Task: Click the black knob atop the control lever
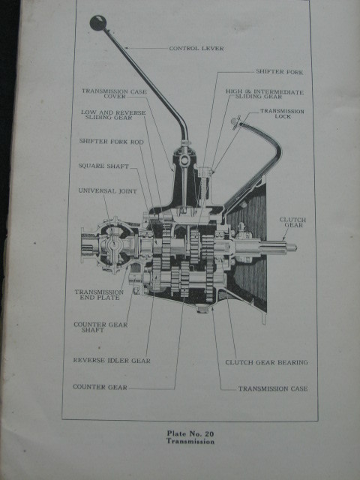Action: click(x=98, y=23)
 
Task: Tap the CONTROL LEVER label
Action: click(x=196, y=48)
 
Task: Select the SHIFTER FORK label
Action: click(x=279, y=72)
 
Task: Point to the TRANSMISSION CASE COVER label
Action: click(x=114, y=94)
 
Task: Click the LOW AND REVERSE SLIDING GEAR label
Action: click(x=113, y=115)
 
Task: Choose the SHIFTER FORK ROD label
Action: click(x=111, y=142)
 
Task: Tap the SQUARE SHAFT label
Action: click(x=103, y=166)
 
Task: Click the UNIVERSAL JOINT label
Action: click(x=107, y=190)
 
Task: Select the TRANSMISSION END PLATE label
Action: click(x=99, y=295)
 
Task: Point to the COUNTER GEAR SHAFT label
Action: click(x=100, y=327)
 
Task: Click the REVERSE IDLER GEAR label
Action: click(x=112, y=361)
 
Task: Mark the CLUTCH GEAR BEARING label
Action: click(x=266, y=362)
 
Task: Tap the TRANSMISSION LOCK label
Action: click(x=282, y=113)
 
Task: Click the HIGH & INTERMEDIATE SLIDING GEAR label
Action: click(x=265, y=94)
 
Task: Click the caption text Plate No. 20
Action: click(x=190, y=433)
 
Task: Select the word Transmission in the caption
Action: click(x=190, y=442)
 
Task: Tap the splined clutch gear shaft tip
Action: click(x=277, y=247)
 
